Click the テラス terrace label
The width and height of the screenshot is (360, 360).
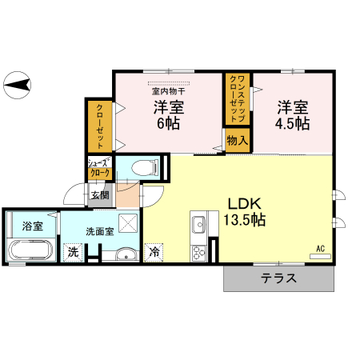[278, 279]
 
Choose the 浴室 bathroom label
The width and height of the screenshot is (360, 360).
[32, 226]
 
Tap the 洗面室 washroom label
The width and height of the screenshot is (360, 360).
[100, 230]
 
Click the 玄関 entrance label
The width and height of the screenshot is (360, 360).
[99, 194]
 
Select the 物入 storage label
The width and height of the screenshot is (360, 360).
[237, 141]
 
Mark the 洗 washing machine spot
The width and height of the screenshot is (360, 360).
[73, 252]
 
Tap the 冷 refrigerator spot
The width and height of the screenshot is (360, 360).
[154, 251]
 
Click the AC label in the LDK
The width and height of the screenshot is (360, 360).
[320, 249]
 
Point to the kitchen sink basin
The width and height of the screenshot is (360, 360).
[198, 224]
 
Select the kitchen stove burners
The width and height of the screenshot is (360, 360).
[198, 252]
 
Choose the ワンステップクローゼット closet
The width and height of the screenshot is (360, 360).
[238, 98]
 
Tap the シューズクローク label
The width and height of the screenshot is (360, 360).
[100, 168]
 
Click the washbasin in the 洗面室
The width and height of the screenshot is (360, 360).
[125, 255]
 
